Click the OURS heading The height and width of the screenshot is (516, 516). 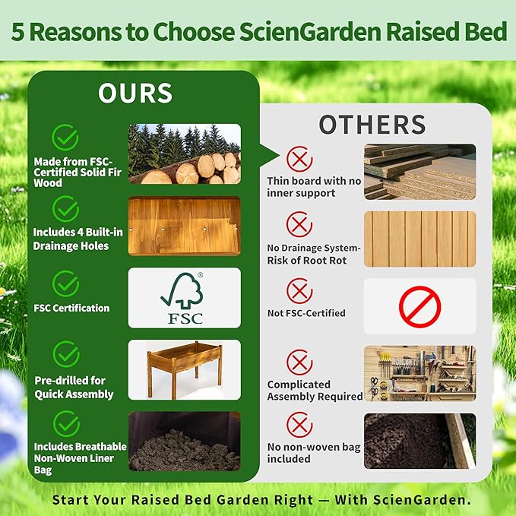tap(135, 93)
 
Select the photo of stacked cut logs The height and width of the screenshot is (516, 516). tap(184, 154)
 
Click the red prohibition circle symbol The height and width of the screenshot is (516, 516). tap(419, 306)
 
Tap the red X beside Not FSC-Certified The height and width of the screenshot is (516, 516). tap(299, 290)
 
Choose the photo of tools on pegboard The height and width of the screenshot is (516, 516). tap(419, 373)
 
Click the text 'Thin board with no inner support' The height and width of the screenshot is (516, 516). tap(313, 187)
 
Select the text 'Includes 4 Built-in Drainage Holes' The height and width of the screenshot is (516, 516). tap(71, 239)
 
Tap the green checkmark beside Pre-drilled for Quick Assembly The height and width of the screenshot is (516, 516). tap(65, 353)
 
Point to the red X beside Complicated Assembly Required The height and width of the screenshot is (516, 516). tap(299, 362)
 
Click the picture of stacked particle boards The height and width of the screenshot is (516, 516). tap(419, 171)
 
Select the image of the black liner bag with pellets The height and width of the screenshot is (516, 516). tap(184, 441)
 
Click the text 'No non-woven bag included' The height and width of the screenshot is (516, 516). tap(313, 453)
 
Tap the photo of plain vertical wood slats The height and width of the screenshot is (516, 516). tap(419, 239)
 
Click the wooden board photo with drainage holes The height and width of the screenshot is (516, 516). tap(184, 226)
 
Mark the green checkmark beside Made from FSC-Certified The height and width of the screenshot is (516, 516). tap(65, 138)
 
